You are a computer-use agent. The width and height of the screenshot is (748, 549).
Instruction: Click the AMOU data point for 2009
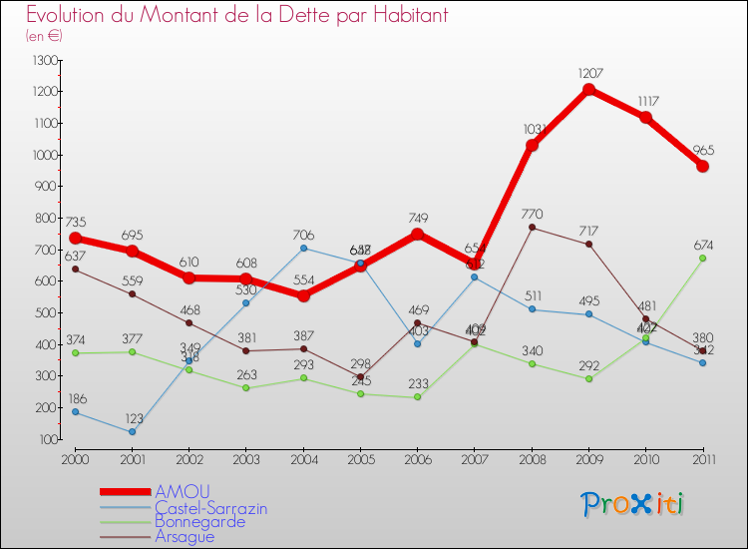coord(588,89)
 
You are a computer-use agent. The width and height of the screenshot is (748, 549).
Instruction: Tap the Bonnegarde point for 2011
coord(703,258)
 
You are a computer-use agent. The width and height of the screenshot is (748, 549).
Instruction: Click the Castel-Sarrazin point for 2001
coord(132,432)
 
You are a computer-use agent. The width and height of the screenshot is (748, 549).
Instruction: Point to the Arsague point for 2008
coord(532,228)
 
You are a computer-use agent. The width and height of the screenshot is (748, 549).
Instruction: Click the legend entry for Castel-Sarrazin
coord(210,508)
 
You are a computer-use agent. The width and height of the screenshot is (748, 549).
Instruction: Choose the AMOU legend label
coord(183,492)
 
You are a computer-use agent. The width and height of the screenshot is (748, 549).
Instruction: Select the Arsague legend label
coord(185,536)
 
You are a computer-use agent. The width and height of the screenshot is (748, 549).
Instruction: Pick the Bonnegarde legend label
coord(199,522)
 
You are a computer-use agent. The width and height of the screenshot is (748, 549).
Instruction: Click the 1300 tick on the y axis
coord(46,61)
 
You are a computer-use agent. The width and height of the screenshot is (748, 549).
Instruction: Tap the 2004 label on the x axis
coord(303,459)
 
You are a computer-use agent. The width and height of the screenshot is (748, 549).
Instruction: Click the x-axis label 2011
coord(703,459)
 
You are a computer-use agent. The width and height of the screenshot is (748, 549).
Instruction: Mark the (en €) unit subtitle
coord(45,36)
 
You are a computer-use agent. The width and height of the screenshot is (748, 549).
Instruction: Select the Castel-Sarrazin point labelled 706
coord(303,248)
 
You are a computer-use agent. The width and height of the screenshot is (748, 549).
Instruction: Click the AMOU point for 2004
coord(303,295)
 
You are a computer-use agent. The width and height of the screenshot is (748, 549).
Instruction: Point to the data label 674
coord(703,245)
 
